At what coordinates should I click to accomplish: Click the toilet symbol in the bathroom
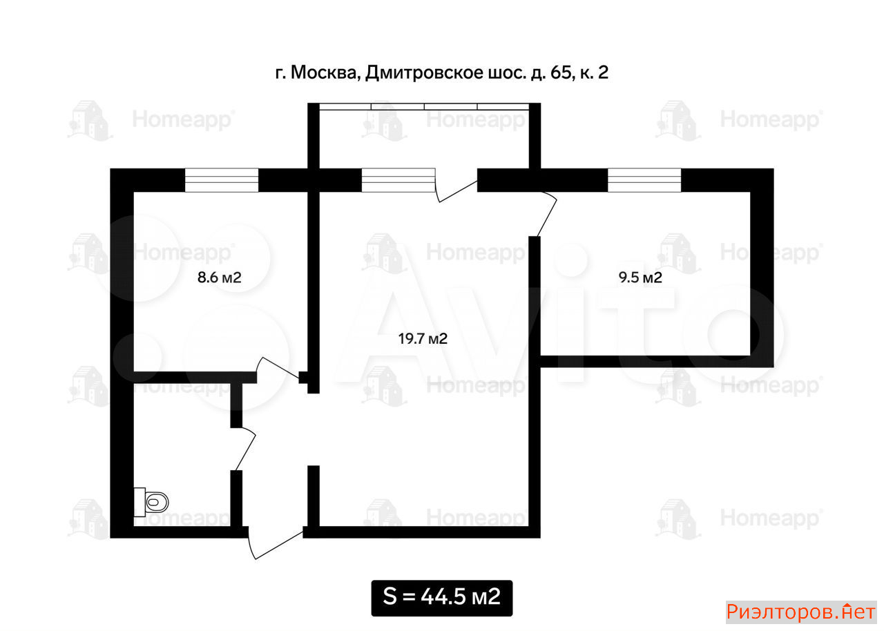tap(151, 503)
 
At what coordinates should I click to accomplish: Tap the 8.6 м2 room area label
tap(220, 278)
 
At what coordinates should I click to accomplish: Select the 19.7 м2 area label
tap(423, 339)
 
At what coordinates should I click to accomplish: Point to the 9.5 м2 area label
tap(640, 278)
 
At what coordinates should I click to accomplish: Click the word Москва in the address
tap(324, 72)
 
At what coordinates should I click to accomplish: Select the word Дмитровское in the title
tap(424, 73)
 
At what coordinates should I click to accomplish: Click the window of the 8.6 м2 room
tap(222, 180)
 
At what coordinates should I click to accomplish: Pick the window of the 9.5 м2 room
tap(644, 180)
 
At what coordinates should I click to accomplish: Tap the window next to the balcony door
tap(398, 180)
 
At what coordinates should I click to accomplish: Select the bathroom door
tap(245, 449)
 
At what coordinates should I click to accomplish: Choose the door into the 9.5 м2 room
tap(548, 215)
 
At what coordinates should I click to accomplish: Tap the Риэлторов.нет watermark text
tap(801, 612)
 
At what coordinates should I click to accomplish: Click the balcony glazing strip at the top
tap(424, 106)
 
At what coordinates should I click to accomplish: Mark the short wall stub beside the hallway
tap(314, 496)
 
